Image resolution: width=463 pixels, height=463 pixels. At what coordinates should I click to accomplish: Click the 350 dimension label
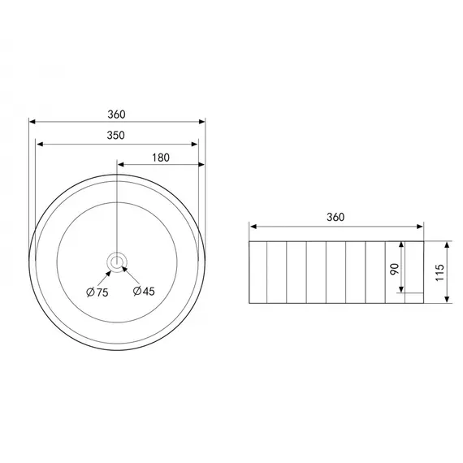[x=115, y=135]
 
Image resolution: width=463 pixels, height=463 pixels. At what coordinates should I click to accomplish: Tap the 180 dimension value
[x=161, y=158]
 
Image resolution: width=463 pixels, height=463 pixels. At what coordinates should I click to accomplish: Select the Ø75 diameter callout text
[x=97, y=292]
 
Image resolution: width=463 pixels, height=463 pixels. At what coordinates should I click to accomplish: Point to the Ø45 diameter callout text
[x=144, y=291]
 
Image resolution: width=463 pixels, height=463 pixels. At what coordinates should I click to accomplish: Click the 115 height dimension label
[x=439, y=273]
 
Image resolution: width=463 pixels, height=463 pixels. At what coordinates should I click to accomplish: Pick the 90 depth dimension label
[x=395, y=270]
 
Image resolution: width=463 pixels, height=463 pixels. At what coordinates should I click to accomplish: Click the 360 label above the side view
[x=335, y=218]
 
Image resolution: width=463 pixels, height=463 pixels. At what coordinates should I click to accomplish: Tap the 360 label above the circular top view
[x=116, y=115]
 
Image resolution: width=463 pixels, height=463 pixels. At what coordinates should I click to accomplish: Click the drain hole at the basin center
[x=117, y=262]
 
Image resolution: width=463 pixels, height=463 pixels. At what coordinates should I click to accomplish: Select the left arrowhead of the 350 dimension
[x=40, y=144]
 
